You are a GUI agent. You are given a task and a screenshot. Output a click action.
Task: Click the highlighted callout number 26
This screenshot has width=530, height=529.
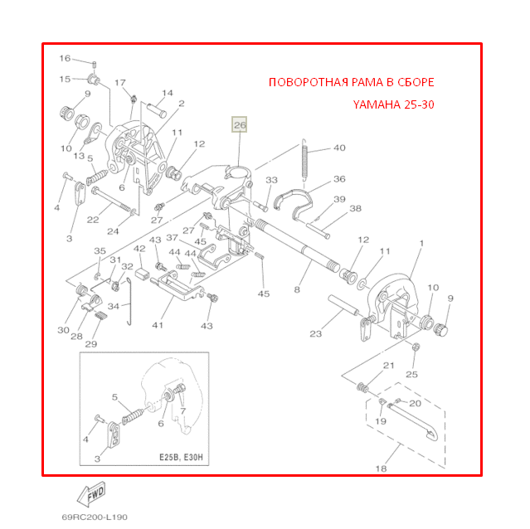click(x=239, y=125)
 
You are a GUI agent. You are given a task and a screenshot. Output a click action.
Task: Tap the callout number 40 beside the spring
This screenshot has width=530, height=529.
click(x=339, y=148)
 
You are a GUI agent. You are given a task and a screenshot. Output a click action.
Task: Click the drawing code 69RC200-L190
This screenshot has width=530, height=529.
click(x=95, y=516)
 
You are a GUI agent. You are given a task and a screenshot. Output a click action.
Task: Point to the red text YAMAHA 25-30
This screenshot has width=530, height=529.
click(x=392, y=105)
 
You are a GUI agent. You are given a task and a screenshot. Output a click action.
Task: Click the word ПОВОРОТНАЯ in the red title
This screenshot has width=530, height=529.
click(x=304, y=83)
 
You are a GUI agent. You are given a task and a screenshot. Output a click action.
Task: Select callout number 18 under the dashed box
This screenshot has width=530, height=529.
click(x=381, y=468)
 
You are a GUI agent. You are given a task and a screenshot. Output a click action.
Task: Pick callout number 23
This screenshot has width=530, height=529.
click(x=315, y=334)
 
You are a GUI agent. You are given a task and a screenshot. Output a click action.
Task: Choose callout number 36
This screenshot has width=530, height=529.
click(x=339, y=178)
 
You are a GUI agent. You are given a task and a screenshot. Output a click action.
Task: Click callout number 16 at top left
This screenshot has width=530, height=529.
click(x=66, y=59)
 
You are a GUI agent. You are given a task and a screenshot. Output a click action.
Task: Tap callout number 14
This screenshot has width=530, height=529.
click(x=167, y=93)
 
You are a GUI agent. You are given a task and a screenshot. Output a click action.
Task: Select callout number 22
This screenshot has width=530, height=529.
click(x=93, y=220)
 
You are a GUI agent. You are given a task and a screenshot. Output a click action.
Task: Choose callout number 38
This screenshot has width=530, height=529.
click(x=355, y=209)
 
